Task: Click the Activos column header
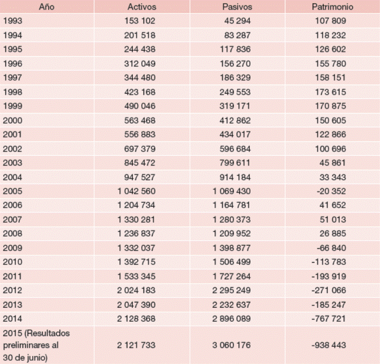coord(141,7)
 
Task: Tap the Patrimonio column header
coord(331,7)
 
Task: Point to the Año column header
coord(47,7)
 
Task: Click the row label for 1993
coord(12,21)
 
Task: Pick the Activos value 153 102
coord(138,21)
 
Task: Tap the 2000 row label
coord(12,120)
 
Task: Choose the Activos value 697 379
coord(138,148)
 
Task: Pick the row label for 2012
coord(12,289)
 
